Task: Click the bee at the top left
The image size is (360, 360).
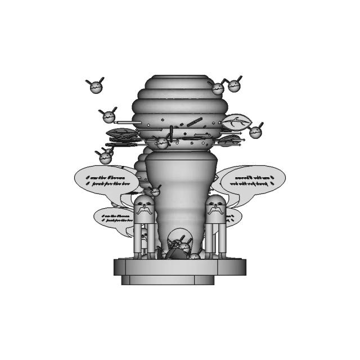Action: pyautogui.click(x=96, y=86)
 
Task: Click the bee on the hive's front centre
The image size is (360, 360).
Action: pyautogui.click(x=162, y=143)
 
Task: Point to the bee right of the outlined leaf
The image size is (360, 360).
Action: pyautogui.click(x=256, y=132)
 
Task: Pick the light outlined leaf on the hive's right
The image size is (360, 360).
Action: pyautogui.click(x=236, y=120)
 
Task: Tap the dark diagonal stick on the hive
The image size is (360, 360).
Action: pyautogui.click(x=195, y=121)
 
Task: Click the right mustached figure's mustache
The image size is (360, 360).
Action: pyautogui.click(x=214, y=210)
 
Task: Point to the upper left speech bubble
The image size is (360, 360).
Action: pyautogui.click(x=106, y=180)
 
